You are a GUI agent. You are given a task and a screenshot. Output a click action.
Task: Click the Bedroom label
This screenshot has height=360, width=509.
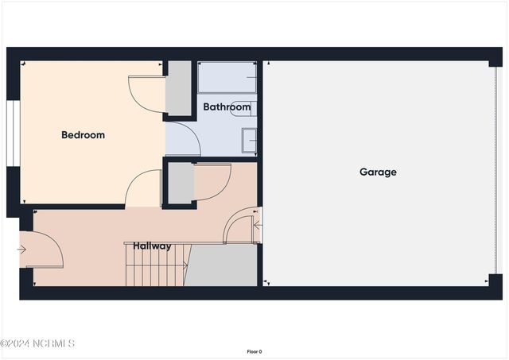(x=83, y=135)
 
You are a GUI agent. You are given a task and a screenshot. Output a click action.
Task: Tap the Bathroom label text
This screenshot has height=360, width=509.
(x=227, y=106)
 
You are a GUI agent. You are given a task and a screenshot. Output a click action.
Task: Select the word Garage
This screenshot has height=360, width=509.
(x=378, y=172)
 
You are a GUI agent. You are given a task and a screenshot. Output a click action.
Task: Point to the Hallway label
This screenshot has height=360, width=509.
(x=152, y=246)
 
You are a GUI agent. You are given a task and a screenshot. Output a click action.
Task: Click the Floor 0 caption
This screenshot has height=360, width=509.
(x=254, y=351)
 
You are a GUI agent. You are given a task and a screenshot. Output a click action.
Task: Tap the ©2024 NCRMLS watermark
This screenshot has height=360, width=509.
(x=37, y=343)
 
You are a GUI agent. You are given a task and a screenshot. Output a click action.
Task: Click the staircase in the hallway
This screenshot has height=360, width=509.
(x=157, y=265)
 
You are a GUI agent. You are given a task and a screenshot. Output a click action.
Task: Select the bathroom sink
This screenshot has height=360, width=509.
(x=249, y=140)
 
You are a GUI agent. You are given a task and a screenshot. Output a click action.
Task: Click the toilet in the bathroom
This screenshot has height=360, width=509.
(x=243, y=109)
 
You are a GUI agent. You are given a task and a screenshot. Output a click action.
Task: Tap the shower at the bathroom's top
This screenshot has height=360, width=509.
(x=227, y=78)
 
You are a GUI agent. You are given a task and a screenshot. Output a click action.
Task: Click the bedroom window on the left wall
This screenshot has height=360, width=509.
(x=12, y=133)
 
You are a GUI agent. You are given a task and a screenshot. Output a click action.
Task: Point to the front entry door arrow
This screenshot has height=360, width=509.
(x=21, y=250)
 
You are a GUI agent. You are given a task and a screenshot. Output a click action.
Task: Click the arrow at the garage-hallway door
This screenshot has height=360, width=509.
(x=256, y=225)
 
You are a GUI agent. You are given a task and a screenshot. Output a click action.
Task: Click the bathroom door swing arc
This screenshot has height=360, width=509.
(x=183, y=138)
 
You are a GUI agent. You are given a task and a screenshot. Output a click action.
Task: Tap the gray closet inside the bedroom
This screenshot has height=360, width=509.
(x=178, y=87)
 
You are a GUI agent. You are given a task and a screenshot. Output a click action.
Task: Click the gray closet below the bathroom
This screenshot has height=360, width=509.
(x=181, y=183)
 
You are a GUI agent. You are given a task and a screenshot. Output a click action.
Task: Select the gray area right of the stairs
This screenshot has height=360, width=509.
(x=222, y=265)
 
